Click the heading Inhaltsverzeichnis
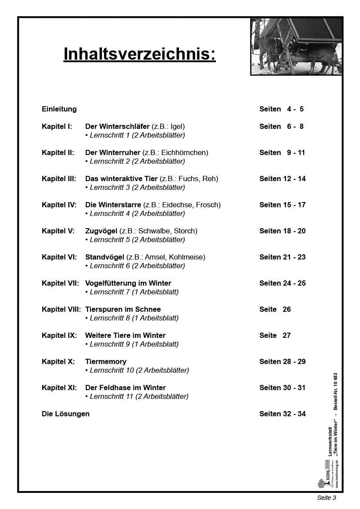[139, 54]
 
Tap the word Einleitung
[59, 109]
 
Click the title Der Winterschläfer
[117, 126]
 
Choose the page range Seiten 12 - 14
[283, 179]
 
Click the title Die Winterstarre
[113, 205]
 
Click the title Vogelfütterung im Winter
[128, 283]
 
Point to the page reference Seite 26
[275, 309]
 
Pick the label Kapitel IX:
[59, 335]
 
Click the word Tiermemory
[106, 361]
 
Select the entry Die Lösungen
[66, 414]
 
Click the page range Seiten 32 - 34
[283, 414]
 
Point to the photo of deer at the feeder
[296, 46]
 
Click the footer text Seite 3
[326, 498]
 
